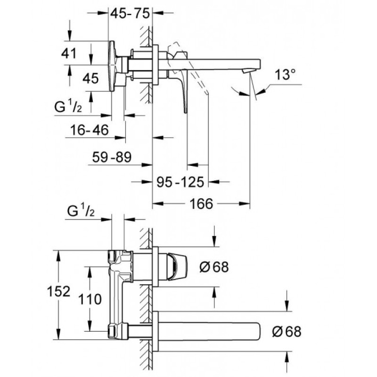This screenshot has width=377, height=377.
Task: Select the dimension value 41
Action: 69,53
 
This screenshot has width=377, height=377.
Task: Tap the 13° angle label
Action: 286,74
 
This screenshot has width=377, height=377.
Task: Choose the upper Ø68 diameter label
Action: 213,267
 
